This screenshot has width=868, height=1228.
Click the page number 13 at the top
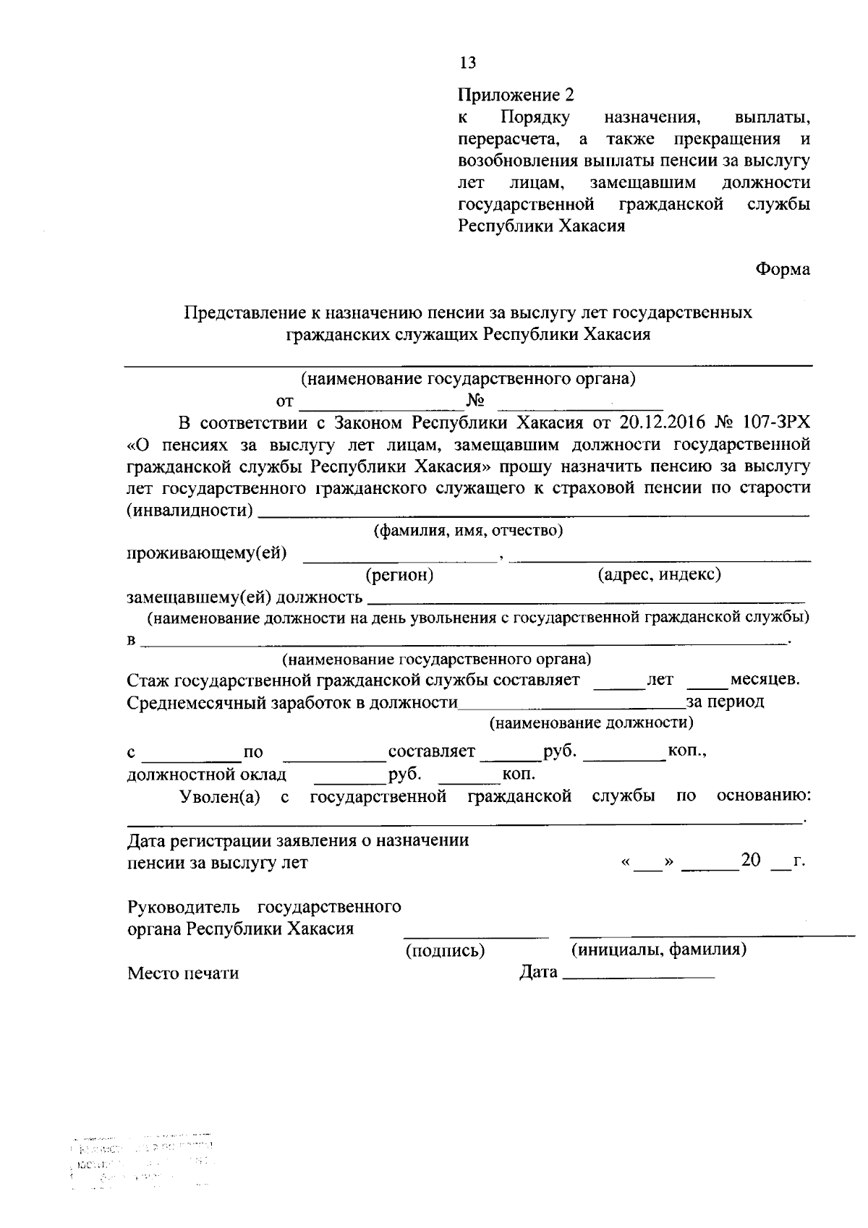[467, 63]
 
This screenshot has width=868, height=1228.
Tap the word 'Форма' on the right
[783, 269]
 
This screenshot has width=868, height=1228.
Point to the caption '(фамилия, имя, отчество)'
[467, 531]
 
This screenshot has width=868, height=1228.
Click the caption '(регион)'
[399, 575]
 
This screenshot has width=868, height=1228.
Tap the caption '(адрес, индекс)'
[658, 574]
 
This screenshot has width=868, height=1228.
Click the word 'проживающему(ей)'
[206, 554]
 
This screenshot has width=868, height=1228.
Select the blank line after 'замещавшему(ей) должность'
[586, 599]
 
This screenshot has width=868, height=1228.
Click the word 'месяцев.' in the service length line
[765, 680]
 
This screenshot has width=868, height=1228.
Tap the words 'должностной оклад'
[206, 775]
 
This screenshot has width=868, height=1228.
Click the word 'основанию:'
[763, 796]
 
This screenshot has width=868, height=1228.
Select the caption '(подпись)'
[444, 950]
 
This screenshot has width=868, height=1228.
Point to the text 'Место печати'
[183, 973]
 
